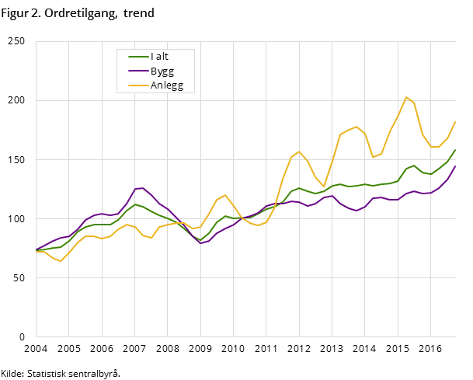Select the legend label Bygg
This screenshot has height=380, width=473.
pyautogui.click(x=162, y=71)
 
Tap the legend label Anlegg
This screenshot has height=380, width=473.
pyautogui.click(x=166, y=85)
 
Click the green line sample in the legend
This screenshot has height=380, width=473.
pyautogui.click(x=138, y=57)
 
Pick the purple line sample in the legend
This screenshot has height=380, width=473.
pyautogui.click(x=138, y=71)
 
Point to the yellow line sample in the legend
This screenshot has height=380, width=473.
pyautogui.click(x=138, y=85)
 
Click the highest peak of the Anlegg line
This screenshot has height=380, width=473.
pyautogui.click(x=405, y=97)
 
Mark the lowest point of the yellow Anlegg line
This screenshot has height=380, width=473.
pyautogui.click(x=61, y=261)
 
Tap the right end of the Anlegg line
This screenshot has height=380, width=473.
pyautogui.click(x=455, y=121)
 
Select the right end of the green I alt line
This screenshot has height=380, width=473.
pyautogui.click(x=455, y=150)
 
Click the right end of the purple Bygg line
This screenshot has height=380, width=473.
pyautogui.click(x=455, y=166)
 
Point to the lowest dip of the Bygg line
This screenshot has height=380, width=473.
pyautogui.click(x=200, y=243)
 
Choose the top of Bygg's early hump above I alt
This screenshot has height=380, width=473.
pyautogui.click(x=143, y=188)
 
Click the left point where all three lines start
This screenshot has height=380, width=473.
pyautogui.click(x=36, y=250)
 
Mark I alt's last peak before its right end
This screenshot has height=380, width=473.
pyautogui.click(x=414, y=166)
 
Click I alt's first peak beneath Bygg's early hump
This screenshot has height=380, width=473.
pyautogui.click(x=135, y=204)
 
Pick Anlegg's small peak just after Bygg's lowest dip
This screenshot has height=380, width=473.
pyautogui.click(x=224, y=195)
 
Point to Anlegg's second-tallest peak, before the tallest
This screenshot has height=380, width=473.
pyautogui.click(x=356, y=127)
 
